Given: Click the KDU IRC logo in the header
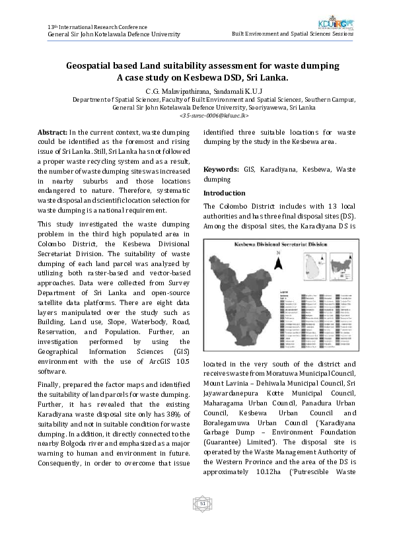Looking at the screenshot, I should click(x=336, y=25).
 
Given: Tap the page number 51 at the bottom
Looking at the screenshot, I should click(x=203, y=504).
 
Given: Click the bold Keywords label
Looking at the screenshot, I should click(x=221, y=170).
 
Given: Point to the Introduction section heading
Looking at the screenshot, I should click(x=224, y=193).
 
